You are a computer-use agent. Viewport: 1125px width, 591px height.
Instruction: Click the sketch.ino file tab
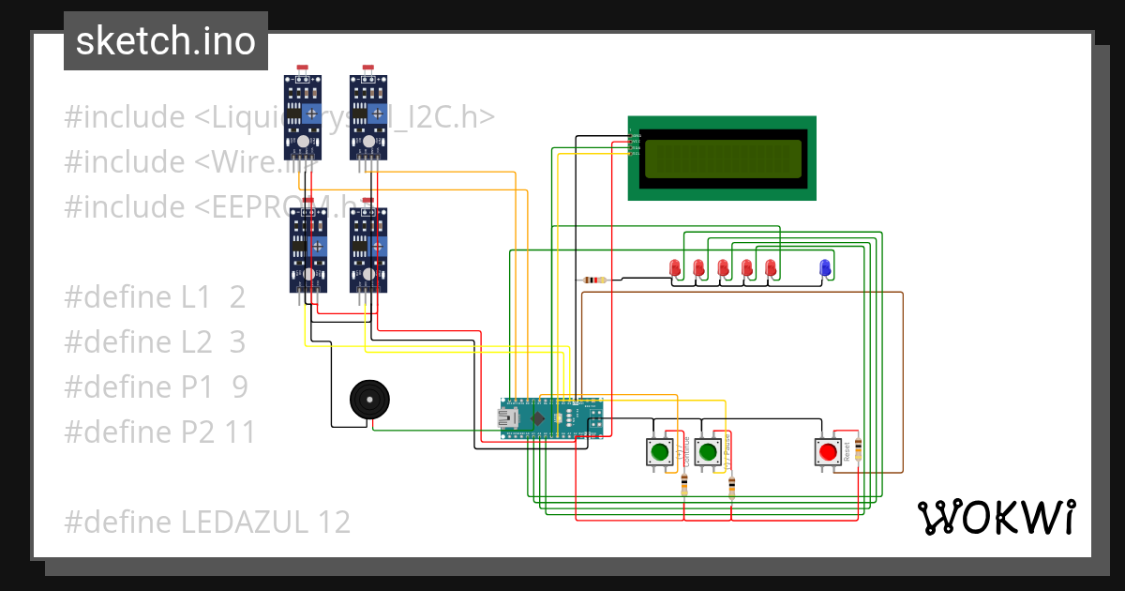165,41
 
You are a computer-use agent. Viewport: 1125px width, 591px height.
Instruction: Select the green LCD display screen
722,159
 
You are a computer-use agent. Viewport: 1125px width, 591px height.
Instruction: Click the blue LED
825,267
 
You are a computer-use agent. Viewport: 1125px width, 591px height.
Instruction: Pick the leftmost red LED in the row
674,268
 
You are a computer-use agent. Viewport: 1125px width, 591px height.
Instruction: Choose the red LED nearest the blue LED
771,268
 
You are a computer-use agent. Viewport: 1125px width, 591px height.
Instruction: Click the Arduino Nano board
552,417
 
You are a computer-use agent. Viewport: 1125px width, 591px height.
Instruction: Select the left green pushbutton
659,452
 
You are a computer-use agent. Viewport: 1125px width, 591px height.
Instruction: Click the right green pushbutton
708,452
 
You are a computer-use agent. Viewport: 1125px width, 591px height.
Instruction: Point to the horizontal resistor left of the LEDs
594,280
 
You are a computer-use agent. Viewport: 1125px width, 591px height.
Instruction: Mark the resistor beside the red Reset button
858,453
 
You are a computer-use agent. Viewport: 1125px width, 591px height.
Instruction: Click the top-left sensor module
303,117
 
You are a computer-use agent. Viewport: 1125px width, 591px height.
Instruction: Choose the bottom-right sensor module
367,250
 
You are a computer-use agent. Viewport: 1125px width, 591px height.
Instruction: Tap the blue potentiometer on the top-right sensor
377,114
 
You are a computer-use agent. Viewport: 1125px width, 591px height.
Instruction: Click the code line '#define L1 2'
155,297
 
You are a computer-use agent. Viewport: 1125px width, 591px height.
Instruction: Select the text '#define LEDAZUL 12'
207,522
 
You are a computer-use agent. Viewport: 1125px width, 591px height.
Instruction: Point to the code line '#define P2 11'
159,432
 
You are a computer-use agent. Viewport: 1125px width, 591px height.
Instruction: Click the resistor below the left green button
683,485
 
